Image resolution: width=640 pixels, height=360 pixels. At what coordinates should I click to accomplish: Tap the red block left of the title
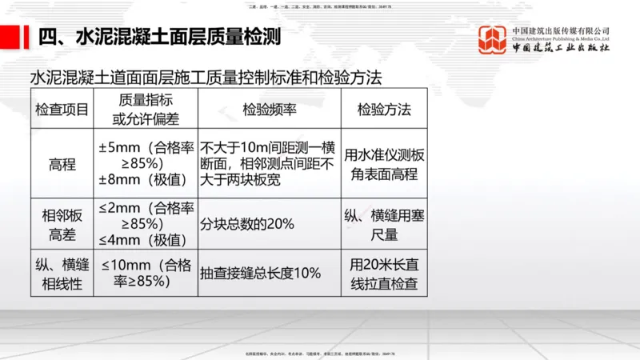(11, 37)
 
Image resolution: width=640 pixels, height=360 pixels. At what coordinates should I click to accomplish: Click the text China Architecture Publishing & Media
(559, 39)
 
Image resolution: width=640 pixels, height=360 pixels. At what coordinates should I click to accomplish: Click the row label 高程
(62, 164)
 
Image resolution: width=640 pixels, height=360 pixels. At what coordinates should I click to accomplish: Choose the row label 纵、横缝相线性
(62, 273)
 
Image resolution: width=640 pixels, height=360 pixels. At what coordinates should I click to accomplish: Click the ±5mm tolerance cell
(146, 164)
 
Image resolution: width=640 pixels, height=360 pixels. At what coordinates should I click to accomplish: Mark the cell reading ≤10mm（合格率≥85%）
(146, 273)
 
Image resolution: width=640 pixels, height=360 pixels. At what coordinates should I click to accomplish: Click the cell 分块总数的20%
(248, 225)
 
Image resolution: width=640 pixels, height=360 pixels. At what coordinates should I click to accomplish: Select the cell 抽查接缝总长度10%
(260, 273)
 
